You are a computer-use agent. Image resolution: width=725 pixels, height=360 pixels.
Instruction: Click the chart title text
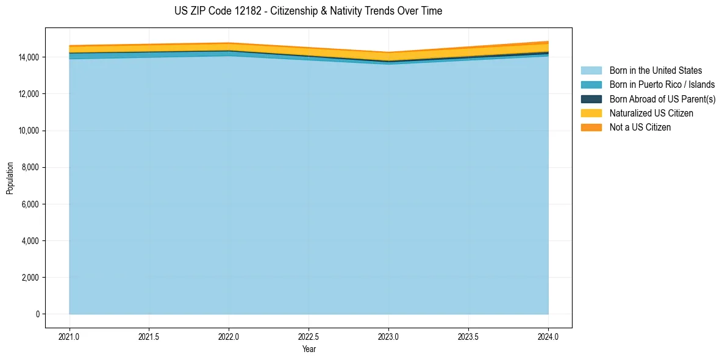click(308, 11)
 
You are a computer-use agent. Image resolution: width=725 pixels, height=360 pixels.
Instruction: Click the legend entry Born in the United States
click(655, 71)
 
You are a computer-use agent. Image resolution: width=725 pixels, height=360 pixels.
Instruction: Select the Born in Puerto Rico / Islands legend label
click(662, 85)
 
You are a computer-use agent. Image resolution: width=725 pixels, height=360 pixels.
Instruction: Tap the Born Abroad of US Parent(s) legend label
click(662, 99)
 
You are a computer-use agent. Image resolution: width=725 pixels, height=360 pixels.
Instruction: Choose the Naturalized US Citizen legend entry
click(651, 113)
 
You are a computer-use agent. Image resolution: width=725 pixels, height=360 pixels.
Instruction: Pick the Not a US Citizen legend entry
click(640, 127)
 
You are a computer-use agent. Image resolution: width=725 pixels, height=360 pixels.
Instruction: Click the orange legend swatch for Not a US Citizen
click(591, 127)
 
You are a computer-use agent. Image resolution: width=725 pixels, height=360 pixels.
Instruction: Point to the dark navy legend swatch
click(591, 99)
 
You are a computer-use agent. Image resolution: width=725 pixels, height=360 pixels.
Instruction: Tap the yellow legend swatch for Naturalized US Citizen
click(591, 113)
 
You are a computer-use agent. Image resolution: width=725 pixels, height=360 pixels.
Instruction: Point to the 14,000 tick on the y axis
click(29, 57)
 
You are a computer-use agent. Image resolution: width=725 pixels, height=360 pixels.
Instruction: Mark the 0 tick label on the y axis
click(37, 314)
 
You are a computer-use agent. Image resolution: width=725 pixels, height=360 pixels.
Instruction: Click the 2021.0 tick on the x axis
click(70, 336)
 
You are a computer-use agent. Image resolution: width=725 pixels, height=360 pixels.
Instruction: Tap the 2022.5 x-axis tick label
click(309, 336)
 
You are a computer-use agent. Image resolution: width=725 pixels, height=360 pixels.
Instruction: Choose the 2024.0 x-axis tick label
click(548, 336)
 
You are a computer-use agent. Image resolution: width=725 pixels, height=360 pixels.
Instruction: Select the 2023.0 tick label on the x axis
click(388, 336)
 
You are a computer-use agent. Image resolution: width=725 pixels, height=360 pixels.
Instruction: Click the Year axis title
click(309, 349)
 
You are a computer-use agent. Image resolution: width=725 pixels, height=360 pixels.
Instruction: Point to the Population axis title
click(10, 178)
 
